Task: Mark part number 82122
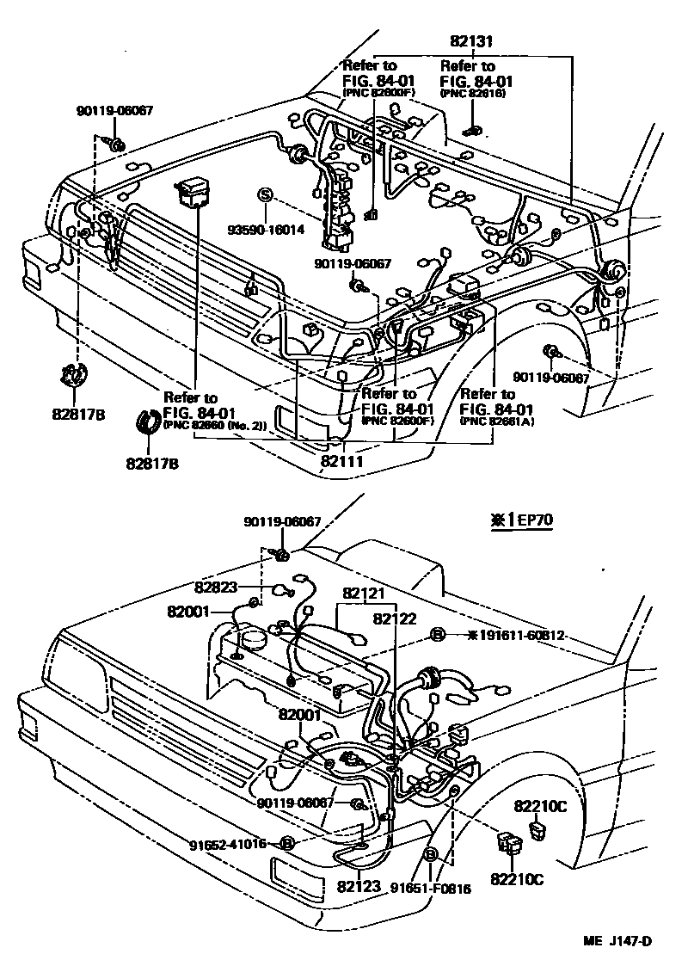click(x=395, y=617)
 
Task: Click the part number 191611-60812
click(x=515, y=636)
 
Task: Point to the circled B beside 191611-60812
click(x=437, y=636)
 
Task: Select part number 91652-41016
click(x=228, y=844)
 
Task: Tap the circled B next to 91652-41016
click(x=287, y=844)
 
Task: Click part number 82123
click(x=359, y=884)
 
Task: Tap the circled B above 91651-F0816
click(x=431, y=854)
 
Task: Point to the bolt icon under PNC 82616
click(x=471, y=130)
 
